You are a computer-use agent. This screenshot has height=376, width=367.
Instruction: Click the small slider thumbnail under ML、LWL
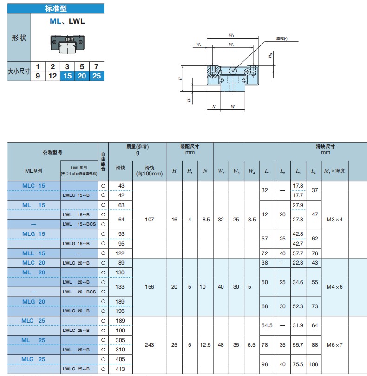pos(67,43)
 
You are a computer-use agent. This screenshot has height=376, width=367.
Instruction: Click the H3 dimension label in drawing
pos(271,55)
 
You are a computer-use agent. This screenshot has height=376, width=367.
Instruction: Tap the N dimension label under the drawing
pos(213,107)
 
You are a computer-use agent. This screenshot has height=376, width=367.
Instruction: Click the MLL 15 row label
pos(34,253)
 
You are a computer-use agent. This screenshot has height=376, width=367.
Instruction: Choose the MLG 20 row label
pos(34,301)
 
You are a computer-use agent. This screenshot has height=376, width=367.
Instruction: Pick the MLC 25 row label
pos(34,321)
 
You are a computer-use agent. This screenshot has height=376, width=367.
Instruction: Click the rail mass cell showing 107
pos(150,219)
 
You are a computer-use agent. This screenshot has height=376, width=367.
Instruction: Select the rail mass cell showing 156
pos(150,287)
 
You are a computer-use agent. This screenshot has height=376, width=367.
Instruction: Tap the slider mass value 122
pos(120,253)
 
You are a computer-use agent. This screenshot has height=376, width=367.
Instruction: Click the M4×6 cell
pos(334,287)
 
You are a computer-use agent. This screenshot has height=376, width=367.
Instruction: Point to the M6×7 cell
pos(334,345)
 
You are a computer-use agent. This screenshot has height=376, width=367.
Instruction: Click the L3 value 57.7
pos(298,253)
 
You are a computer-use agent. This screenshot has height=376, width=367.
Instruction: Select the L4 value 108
pos(314,364)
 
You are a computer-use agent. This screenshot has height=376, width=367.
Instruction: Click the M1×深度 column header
pos(334,170)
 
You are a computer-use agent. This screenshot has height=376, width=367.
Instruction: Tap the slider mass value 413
pos(120,369)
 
